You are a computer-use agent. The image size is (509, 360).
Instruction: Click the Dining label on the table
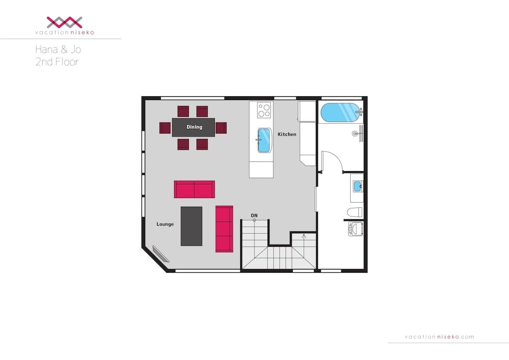(x=194, y=127)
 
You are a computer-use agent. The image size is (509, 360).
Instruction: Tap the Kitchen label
(x=287, y=134)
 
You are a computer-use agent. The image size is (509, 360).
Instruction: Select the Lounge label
(x=165, y=224)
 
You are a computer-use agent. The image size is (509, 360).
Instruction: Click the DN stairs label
(x=254, y=215)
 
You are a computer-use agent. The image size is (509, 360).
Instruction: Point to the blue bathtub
(x=339, y=112)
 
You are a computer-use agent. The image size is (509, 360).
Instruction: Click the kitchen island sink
(x=264, y=140)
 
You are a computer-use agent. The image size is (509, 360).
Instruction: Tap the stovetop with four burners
(x=264, y=110)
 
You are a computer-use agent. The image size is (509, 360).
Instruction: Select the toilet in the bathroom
(x=354, y=211)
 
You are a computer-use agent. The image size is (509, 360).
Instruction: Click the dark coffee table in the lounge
(x=191, y=226)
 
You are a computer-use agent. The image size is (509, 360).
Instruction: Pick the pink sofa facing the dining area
(x=194, y=189)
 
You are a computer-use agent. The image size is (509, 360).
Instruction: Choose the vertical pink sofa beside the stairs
(x=224, y=229)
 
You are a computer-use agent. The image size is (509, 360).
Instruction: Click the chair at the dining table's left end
(x=165, y=127)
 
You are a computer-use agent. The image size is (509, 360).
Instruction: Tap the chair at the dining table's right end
(x=221, y=127)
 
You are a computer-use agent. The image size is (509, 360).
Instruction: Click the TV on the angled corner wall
(x=160, y=254)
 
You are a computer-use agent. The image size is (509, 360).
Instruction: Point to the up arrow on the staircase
(x=304, y=236)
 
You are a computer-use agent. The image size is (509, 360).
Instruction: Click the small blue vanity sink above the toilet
(x=357, y=186)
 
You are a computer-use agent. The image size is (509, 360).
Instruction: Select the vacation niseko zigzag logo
(x=65, y=22)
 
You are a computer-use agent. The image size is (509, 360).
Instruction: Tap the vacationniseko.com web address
(x=439, y=337)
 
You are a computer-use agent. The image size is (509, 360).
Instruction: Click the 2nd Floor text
(x=57, y=62)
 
